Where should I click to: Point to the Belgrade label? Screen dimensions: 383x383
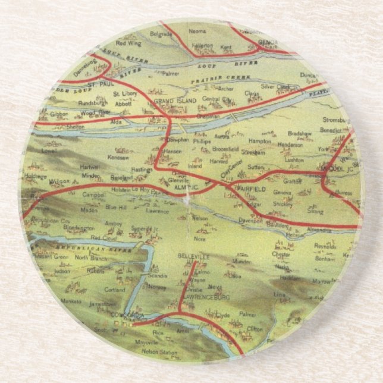tap(161, 34)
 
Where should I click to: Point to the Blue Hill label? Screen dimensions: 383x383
tap(117, 207)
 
